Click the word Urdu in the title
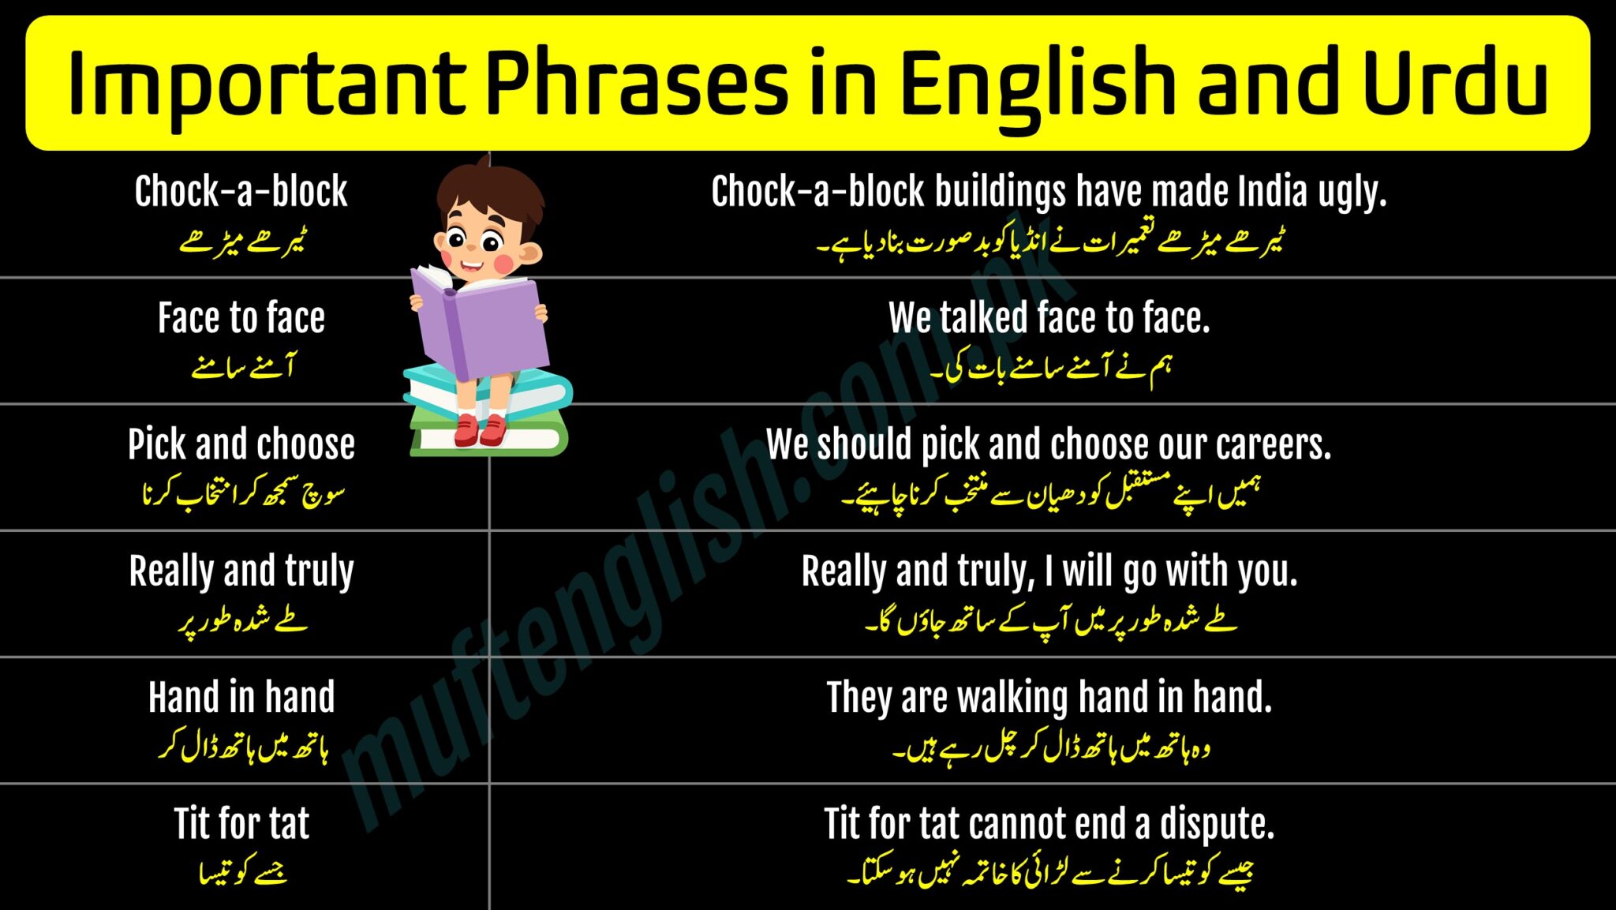[1454, 83]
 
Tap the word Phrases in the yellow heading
[636, 83]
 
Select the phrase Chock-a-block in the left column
[241, 191]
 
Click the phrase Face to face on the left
[241, 317]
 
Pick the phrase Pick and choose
[241, 444]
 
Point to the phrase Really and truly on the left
[241, 571]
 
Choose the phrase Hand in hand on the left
[241, 697]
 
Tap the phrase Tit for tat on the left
[241, 823]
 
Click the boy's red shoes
[480, 429]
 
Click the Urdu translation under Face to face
[242, 367]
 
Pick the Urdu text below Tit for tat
[242, 872]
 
